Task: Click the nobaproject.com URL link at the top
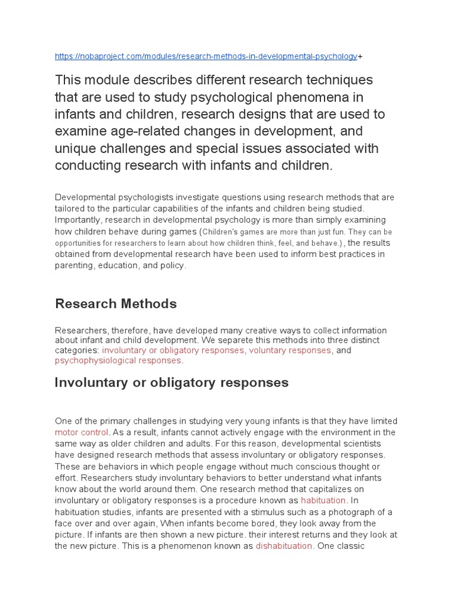tap(206, 56)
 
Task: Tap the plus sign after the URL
tap(360, 56)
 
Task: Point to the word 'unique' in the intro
tap(76, 148)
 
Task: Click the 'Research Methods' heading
tap(116, 304)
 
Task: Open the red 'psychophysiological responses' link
tap(118, 360)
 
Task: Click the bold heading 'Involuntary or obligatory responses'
tap(171, 382)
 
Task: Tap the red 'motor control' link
tap(82, 432)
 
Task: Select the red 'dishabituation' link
tap(284, 546)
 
